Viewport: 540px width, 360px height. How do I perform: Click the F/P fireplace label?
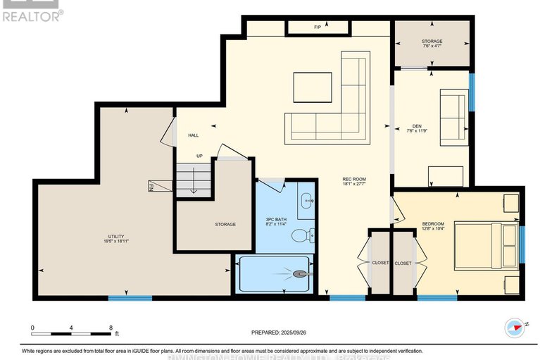[x=318, y=27]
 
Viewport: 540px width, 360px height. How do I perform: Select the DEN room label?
[x=417, y=128]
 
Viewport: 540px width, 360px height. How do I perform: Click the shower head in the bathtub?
[x=301, y=274]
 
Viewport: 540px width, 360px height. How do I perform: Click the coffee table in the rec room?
[x=312, y=89]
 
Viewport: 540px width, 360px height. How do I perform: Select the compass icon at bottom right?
[x=516, y=327]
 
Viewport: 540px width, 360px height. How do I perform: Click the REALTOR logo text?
[x=32, y=15]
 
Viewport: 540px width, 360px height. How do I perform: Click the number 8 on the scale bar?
[x=111, y=328]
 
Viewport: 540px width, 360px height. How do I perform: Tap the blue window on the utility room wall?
[x=130, y=299]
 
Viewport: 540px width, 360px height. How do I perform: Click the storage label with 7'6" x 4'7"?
[x=432, y=43]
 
